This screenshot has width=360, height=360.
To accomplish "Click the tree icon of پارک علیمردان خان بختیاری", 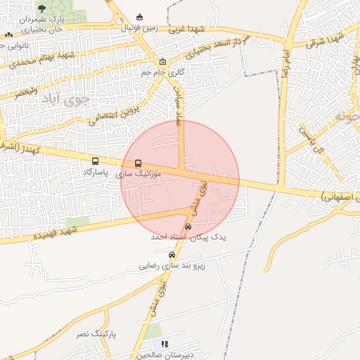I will click(41, 8).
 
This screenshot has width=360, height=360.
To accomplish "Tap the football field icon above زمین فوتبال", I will click(139, 17).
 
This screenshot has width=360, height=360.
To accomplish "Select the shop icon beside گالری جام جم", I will click(163, 61).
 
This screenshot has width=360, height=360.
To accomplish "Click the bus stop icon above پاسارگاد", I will click(96, 161).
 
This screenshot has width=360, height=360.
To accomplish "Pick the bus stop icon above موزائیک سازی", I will click(138, 163).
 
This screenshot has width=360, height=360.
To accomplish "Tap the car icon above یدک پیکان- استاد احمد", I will click(188, 226).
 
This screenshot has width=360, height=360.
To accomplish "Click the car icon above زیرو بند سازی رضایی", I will click(172, 255).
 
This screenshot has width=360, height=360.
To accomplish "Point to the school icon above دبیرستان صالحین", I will click(165, 344).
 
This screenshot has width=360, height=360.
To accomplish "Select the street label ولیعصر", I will click(25, 91).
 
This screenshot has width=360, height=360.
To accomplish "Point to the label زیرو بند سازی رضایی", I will click(170, 266).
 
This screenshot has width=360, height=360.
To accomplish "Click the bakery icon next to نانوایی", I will click(8, 34).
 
